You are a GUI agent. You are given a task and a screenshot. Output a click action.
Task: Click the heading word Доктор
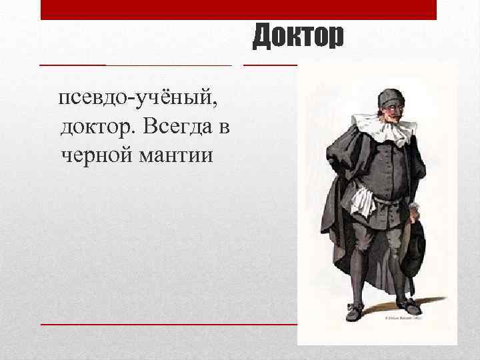298,36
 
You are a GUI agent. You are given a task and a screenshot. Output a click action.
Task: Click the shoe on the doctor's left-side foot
354,312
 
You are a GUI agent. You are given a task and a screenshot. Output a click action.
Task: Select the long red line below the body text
167,323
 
